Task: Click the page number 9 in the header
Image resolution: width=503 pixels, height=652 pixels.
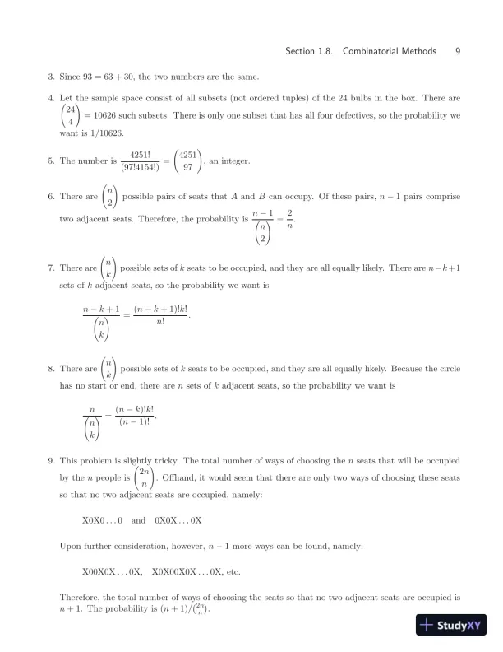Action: click(x=457, y=51)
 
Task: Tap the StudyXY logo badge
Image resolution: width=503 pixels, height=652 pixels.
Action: click(x=449, y=625)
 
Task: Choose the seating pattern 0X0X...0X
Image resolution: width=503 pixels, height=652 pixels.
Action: click(x=178, y=520)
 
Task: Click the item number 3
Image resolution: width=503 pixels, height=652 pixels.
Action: click(x=51, y=77)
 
